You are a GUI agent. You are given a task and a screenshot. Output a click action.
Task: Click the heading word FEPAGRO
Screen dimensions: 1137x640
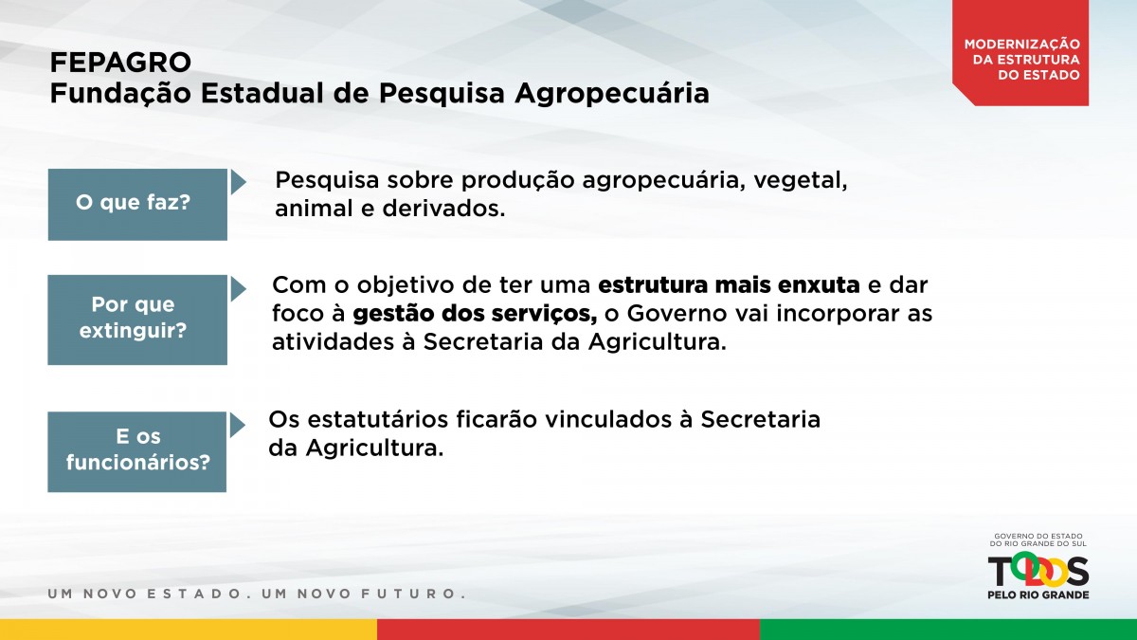tap(120, 63)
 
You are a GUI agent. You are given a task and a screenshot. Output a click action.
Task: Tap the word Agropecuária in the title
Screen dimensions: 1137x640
tap(612, 95)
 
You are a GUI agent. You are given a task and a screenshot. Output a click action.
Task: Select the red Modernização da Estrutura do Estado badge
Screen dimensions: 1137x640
tap(1020, 53)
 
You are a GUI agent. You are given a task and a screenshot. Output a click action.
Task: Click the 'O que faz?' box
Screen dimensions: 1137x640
tap(137, 204)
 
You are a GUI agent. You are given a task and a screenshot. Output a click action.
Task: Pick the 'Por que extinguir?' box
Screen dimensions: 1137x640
tap(137, 320)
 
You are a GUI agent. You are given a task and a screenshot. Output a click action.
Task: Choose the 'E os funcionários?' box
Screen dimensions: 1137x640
tap(137, 451)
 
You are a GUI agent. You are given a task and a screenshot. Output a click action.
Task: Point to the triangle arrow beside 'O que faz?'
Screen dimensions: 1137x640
tap(238, 182)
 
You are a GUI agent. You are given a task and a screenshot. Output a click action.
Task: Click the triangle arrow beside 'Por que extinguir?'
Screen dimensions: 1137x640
tap(238, 288)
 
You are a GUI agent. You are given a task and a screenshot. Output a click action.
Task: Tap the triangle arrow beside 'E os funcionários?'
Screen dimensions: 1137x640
tap(237, 425)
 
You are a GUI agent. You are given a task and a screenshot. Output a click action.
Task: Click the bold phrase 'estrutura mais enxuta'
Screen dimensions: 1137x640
tap(729, 285)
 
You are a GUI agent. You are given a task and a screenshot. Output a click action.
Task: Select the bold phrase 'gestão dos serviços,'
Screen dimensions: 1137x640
tap(475, 315)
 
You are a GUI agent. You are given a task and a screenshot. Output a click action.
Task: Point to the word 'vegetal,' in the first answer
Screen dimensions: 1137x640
tap(801, 181)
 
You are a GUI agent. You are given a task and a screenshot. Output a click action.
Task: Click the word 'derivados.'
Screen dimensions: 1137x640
tap(443, 209)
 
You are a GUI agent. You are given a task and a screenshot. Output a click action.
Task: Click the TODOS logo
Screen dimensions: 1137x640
tap(1038, 572)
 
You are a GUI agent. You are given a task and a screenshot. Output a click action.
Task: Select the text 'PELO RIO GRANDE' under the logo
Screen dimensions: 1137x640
tap(1038, 594)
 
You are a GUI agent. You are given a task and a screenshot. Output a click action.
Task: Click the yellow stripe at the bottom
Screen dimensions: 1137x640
tap(189, 630)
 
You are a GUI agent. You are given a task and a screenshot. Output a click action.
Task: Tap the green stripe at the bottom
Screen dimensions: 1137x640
tap(948, 630)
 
